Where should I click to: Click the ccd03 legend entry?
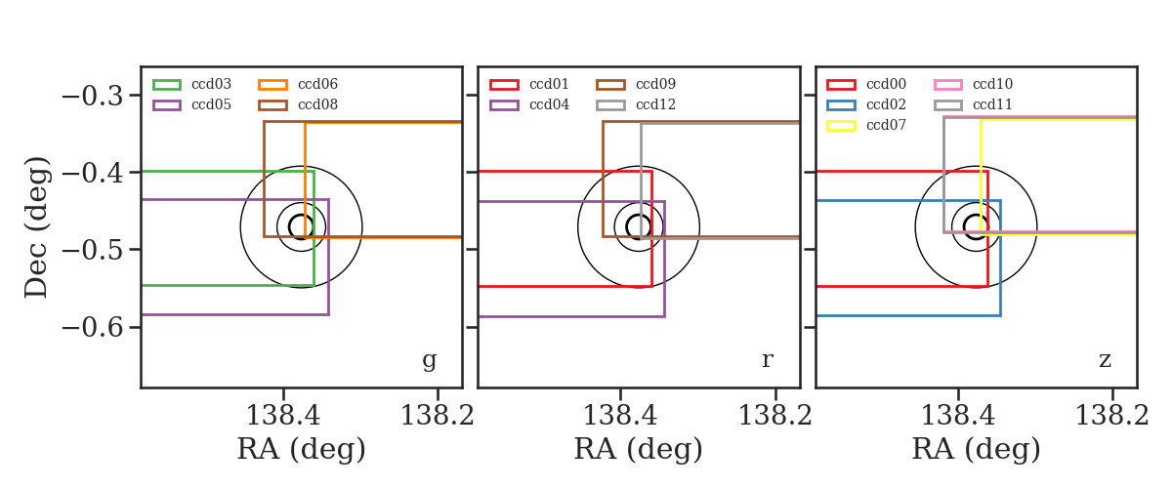(192, 84)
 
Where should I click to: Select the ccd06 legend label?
(317, 84)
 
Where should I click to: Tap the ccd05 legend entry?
(192, 104)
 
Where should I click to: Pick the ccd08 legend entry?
(298, 104)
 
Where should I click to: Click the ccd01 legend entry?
(529, 84)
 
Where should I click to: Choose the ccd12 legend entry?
(636, 104)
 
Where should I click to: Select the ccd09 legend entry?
(636, 84)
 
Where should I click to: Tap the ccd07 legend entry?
(866, 126)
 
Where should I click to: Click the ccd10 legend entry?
(973, 84)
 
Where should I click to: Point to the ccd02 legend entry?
(866, 104)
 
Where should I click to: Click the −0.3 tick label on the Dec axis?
(93, 97)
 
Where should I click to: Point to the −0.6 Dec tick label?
(93, 328)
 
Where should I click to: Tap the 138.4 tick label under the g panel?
(283, 416)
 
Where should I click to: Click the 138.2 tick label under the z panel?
(1111, 416)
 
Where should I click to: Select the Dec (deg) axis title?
(37, 227)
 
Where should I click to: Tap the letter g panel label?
(429, 361)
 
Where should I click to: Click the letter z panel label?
(1105, 360)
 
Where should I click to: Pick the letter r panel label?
(767, 360)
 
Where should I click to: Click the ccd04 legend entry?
(529, 104)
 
